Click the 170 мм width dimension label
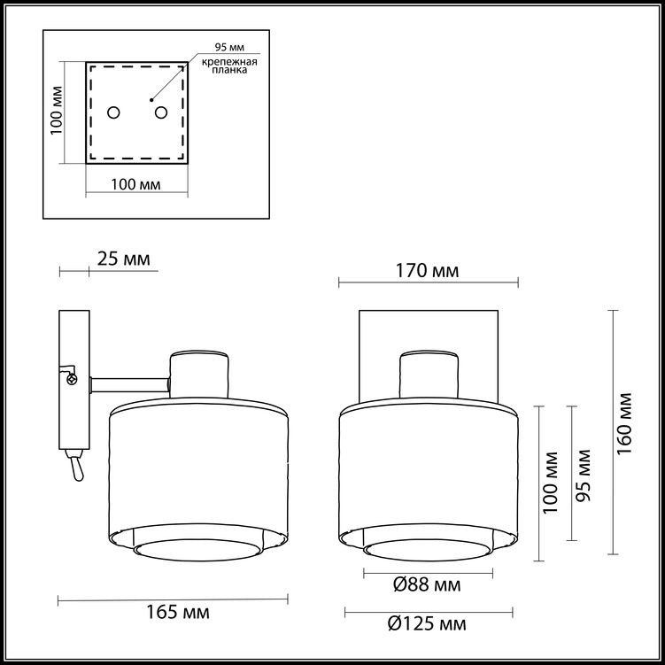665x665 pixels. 427,270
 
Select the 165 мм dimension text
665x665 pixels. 178,612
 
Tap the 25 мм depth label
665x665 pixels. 123,259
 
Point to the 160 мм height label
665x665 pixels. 624,423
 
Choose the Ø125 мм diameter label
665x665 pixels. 427,623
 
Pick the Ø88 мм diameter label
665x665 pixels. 427,585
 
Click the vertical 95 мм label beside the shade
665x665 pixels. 584,476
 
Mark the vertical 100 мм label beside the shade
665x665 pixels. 551,483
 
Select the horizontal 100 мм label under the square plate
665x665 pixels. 135,184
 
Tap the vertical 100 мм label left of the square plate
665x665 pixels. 57,111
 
